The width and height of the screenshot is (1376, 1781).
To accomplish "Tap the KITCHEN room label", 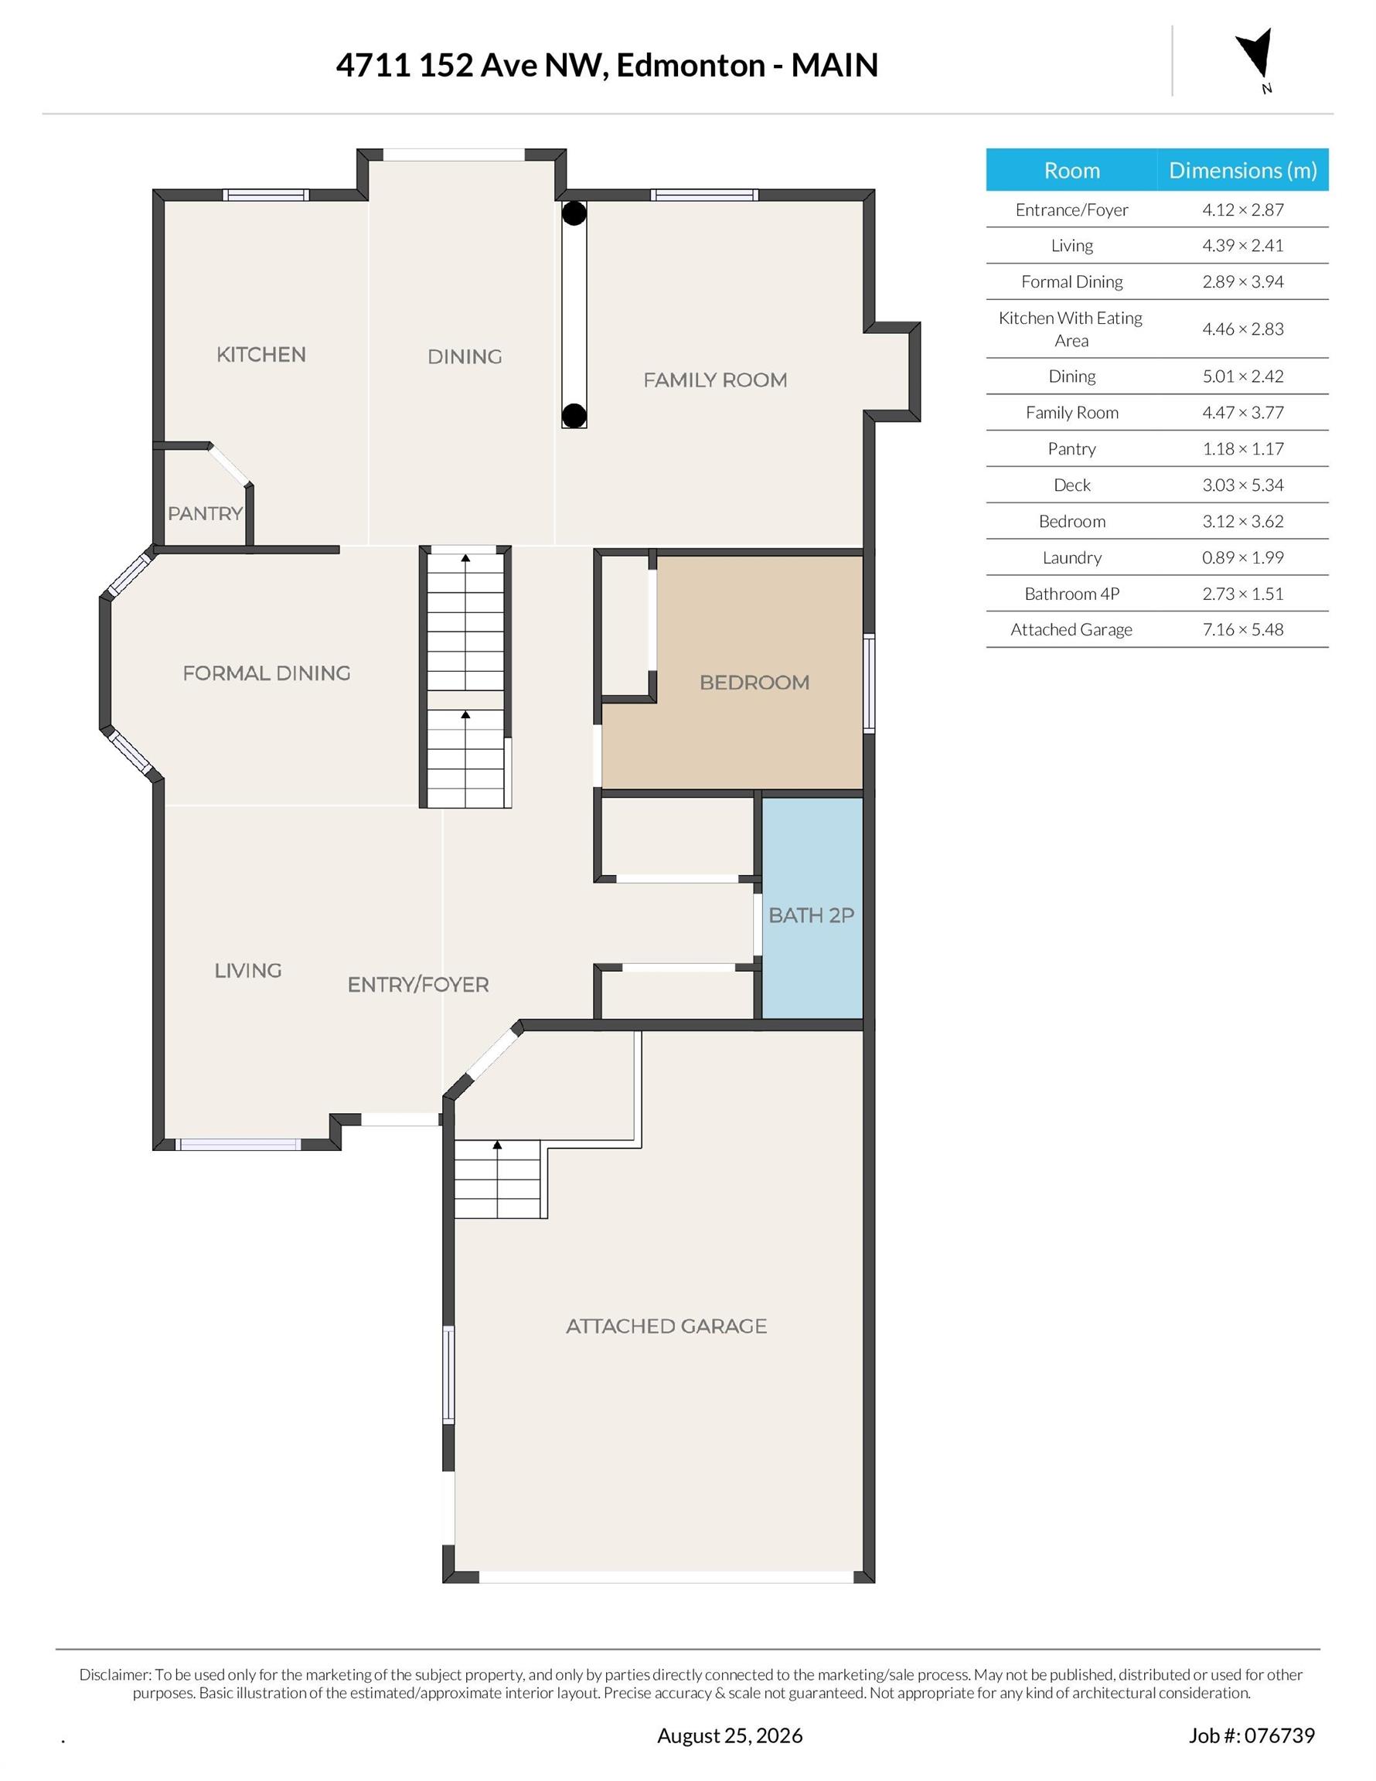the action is (261, 355).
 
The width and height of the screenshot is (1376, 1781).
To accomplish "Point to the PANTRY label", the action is (206, 514).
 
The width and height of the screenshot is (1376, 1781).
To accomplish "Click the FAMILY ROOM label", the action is (715, 380).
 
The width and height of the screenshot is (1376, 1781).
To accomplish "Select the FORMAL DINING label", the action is (267, 673).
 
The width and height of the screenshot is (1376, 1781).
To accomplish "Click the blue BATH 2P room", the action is (812, 908).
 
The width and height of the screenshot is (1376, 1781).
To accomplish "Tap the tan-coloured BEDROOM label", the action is (754, 683).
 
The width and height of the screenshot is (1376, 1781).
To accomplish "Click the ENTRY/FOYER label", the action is (418, 985).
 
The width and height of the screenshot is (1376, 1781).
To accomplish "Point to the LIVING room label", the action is (248, 970).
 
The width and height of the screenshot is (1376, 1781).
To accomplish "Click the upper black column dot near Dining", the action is (574, 213).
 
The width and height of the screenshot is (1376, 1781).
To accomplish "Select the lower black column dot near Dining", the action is (574, 415).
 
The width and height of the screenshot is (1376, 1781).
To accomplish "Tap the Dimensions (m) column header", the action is (1243, 170).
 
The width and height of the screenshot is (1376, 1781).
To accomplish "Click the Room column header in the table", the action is (1071, 170).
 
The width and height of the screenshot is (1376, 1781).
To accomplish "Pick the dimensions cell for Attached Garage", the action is (1243, 629).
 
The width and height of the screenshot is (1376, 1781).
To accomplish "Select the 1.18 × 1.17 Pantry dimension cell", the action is (1243, 448).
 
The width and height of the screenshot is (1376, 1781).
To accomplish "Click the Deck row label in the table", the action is (1071, 485).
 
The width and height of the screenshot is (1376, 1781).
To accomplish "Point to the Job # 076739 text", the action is (1252, 1735).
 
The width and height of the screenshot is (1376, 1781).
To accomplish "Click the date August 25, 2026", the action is (730, 1736).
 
